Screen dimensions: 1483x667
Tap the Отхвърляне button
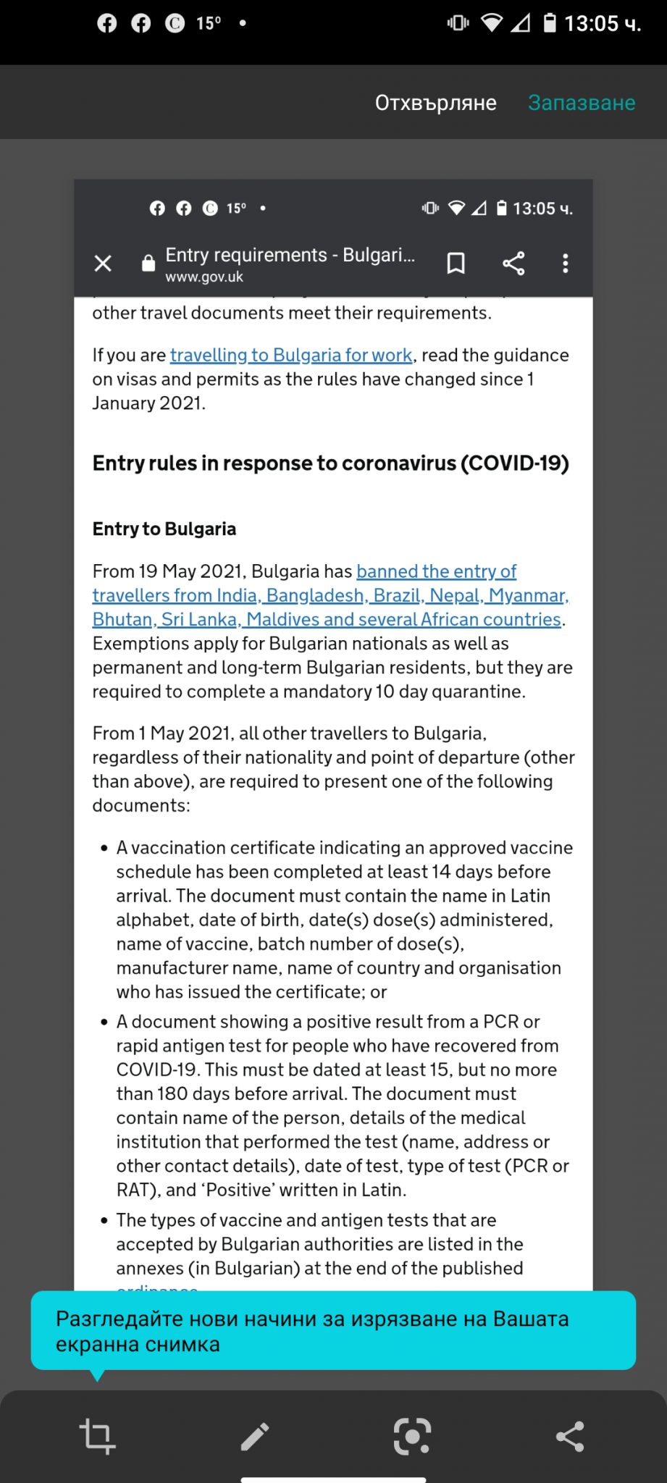(435, 103)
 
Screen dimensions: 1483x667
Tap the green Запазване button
(582, 103)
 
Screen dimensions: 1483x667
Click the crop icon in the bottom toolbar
(97, 1436)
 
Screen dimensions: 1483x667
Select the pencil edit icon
(255, 1436)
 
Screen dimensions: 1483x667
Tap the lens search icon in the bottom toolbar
(412, 1436)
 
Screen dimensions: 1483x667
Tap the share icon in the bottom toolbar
(570, 1436)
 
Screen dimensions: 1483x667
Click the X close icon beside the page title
(103, 263)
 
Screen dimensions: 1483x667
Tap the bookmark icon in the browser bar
(456, 263)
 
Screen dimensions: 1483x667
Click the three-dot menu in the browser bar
(566, 263)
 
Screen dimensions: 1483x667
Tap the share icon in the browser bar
(513, 263)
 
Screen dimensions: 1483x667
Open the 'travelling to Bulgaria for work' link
(291, 356)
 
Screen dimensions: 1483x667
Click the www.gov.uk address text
(204, 277)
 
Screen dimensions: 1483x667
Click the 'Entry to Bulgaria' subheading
(164, 529)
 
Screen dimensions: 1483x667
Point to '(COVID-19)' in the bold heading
(515, 463)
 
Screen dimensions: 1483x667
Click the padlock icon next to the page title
(148, 263)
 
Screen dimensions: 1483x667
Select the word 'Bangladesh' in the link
(315, 596)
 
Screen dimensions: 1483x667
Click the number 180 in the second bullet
(172, 1093)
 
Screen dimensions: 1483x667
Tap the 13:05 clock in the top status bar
(602, 24)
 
